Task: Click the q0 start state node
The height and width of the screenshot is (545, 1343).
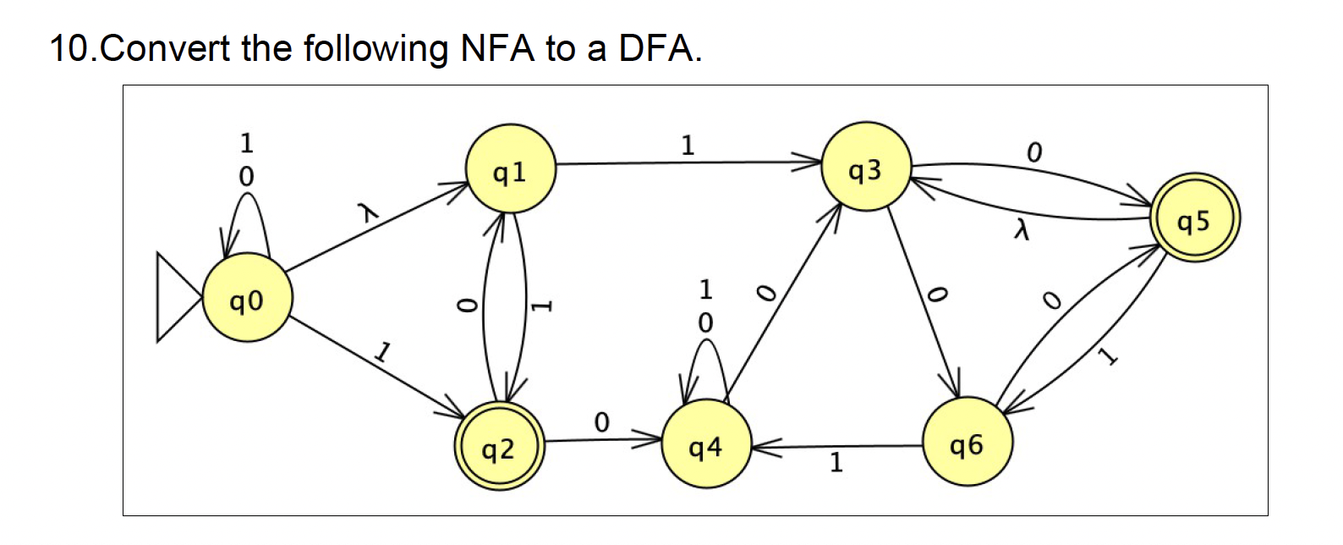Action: pos(247,299)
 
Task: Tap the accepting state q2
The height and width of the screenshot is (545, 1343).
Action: pos(498,448)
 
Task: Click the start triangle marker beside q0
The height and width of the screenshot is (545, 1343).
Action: pos(176,297)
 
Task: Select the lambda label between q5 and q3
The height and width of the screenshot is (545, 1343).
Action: pos(1022,229)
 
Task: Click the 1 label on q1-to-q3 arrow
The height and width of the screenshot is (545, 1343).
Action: pos(688,146)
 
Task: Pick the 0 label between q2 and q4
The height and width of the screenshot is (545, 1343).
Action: pos(601,421)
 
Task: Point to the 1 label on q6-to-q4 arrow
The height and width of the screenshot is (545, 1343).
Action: pos(836,462)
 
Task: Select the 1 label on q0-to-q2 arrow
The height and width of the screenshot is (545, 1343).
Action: pos(383,350)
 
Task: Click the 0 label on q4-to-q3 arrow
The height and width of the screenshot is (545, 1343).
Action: pos(765,293)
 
